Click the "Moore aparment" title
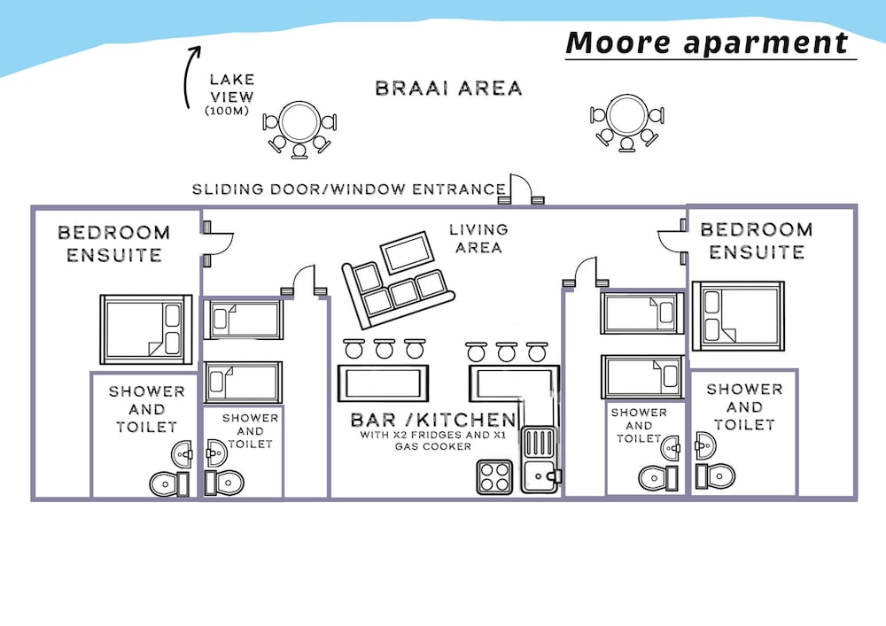pyautogui.click(x=707, y=43)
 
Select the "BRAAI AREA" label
pyautogui.click(x=448, y=88)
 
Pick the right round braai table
pyautogui.click(x=626, y=114)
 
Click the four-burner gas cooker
pyautogui.click(x=495, y=477)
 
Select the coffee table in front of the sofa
pyautogui.click(x=407, y=252)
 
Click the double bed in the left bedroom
pyautogui.click(x=146, y=329)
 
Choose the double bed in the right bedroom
pyautogui.click(x=738, y=316)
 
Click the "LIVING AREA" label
pyautogui.click(x=479, y=238)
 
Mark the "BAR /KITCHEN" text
pyautogui.click(x=433, y=420)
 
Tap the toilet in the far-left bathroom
pyautogui.click(x=169, y=483)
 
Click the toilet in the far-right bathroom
pyautogui.click(x=715, y=475)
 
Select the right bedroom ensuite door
pyautogui.click(x=672, y=242)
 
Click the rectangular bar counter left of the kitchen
pyautogui.click(x=383, y=383)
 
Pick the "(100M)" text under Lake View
pyautogui.click(x=227, y=112)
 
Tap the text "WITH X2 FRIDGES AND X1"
pyautogui.click(x=433, y=436)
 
